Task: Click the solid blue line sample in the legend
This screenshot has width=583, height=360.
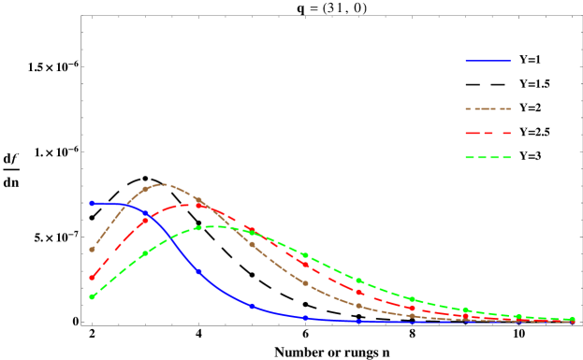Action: click(x=488, y=61)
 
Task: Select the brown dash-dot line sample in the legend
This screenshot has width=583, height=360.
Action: click(x=488, y=109)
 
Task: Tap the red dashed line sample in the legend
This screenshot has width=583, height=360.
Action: click(x=488, y=134)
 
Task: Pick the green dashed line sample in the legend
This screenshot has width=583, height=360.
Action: click(x=488, y=158)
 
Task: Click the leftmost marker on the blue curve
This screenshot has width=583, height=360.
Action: click(x=92, y=203)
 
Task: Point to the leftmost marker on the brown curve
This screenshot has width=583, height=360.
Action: click(x=92, y=250)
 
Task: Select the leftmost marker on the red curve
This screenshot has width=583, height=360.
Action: click(x=92, y=278)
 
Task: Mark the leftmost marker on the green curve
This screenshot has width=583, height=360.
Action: click(x=92, y=296)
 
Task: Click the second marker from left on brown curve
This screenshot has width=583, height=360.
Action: click(x=145, y=190)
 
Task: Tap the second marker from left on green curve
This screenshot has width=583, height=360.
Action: click(x=145, y=253)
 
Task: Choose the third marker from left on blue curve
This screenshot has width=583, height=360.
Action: click(x=198, y=272)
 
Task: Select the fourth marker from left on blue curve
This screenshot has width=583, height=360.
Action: click(x=252, y=306)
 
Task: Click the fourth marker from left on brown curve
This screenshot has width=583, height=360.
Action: click(x=252, y=244)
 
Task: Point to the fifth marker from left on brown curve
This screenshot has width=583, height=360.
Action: click(x=305, y=283)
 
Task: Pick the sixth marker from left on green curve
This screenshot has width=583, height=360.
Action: click(x=358, y=281)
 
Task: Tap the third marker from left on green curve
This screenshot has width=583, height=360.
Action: click(x=198, y=228)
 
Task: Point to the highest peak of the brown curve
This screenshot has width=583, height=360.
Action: click(x=163, y=184)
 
